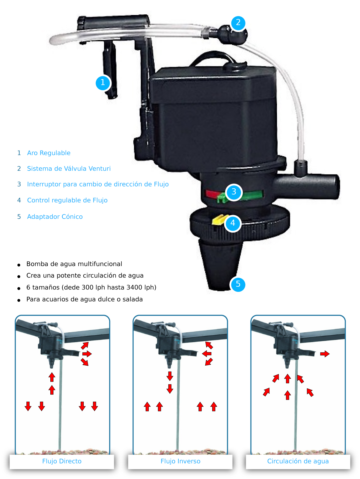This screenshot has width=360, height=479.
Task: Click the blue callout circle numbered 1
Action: (x=103, y=82)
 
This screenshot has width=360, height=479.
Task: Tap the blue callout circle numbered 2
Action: (x=238, y=23)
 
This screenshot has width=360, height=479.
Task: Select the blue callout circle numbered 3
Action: (x=234, y=192)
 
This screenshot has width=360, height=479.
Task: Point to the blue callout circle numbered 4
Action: (x=233, y=223)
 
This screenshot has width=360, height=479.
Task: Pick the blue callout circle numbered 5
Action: (x=238, y=284)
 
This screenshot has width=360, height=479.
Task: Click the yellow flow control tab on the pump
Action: (x=218, y=220)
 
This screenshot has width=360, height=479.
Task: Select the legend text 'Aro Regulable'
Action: (x=49, y=153)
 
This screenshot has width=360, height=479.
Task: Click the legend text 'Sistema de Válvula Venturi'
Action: (x=69, y=169)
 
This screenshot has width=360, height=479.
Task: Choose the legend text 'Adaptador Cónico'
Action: (x=55, y=217)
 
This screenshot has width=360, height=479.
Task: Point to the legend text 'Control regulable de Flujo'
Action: (x=67, y=200)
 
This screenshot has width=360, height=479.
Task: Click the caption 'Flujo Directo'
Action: (x=62, y=461)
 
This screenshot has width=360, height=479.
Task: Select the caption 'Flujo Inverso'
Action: (x=180, y=461)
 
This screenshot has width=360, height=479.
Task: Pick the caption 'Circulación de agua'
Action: (x=298, y=461)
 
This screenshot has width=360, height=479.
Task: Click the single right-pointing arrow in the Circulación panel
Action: (x=325, y=354)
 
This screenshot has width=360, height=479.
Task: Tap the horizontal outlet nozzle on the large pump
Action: (x=306, y=186)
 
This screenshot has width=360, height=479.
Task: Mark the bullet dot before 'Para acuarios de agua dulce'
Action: (x=19, y=300)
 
